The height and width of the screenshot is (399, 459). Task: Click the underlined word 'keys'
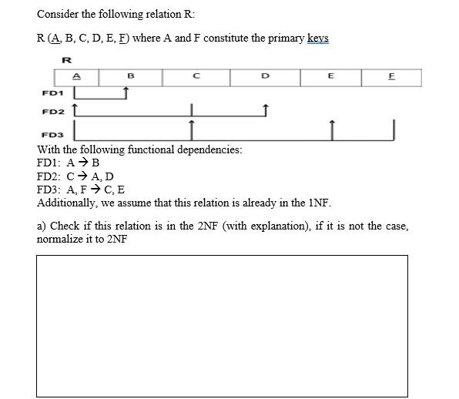tap(318, 39)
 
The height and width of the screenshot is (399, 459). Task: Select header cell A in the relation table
tap(75, 76)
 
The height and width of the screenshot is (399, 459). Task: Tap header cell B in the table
tap(130, 76)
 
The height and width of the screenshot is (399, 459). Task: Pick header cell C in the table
tap(196, 76)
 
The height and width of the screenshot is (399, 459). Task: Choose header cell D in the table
tap(264, 76)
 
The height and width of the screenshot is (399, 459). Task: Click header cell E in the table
tap(331, 76)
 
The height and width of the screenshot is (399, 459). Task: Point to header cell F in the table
tap(392, 76)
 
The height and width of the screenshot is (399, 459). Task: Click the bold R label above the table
tap(66, 59)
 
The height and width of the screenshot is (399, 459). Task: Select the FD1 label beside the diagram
tap(52, 92)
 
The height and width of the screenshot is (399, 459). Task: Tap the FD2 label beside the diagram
tap(52, 112)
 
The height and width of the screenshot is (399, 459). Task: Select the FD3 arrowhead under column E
tap(331, 124)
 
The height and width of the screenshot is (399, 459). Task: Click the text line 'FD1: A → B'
tap(68, 163)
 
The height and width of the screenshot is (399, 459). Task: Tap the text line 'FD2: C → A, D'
tap(78, 176)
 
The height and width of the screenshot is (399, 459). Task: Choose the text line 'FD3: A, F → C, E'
tap(81, 189)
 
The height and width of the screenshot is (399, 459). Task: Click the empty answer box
tap(222, 326)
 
